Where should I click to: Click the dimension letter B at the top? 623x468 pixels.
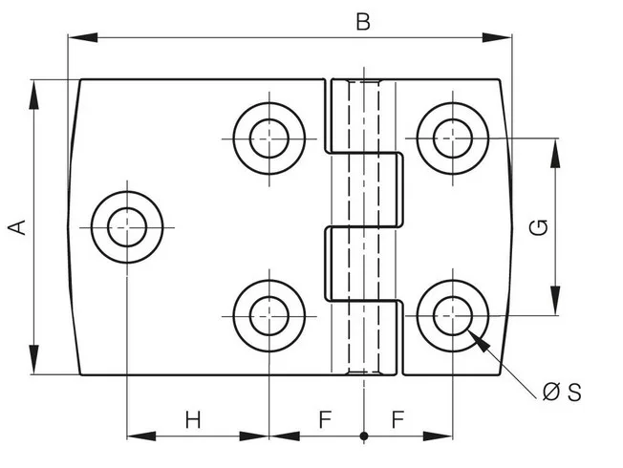(363, 22)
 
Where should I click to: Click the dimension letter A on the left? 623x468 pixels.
(16, 227)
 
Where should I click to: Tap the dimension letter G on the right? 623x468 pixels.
(539, 227)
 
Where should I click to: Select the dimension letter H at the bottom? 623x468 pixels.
(193, 419)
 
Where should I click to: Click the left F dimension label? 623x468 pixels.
(326, 419)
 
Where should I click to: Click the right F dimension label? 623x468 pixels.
(398, 419)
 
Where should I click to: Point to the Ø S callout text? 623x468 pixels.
(562, 393)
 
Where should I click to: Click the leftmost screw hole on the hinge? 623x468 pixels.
(127, 227)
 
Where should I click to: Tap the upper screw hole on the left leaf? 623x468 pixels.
(269, 138)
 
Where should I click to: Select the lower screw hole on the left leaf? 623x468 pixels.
(269, 316)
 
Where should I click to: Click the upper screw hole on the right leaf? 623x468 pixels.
(453, 138)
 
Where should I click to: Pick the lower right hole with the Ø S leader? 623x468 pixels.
(453, 316)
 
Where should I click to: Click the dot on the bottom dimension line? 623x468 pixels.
(364, 436)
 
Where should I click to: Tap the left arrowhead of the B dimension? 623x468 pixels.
(83, 38)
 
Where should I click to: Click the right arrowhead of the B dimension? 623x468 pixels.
(497, 38)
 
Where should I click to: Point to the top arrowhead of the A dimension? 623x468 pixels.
(33, 95)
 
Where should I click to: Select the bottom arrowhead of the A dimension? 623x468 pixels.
(33, 359)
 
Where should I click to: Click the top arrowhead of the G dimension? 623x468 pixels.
(555, 153)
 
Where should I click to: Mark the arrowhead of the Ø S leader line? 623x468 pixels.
(479, 341)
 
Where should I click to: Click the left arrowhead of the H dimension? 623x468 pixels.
(141, 436)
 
